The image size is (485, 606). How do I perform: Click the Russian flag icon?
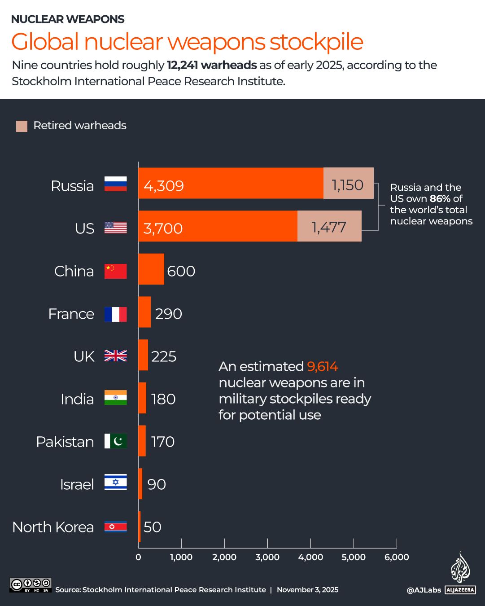(115, 184)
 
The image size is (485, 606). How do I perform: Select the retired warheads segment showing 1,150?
(348, 183)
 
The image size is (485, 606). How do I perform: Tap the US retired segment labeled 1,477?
(329, 226)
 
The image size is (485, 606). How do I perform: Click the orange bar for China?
(151, 269)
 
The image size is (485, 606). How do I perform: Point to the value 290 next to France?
(168, 314)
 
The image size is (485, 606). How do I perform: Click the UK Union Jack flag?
(115, 356)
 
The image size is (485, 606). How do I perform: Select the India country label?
(77, 399)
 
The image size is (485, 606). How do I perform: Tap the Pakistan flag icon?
(115, 441)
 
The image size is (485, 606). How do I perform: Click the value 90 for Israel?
(157, 484)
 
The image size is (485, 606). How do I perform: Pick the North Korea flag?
(115, 527)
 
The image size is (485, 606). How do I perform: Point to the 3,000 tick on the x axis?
(267, 557)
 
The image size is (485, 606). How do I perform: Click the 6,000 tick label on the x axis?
(397, 557)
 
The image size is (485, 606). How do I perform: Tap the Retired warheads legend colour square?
(22, 126)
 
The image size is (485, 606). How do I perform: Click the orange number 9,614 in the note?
(322, 367)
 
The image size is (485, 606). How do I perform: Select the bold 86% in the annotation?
(440, 199)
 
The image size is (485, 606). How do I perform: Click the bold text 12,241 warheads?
(212, 65)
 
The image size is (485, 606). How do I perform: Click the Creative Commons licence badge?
(31, 585)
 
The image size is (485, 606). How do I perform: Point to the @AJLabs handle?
(424, 590)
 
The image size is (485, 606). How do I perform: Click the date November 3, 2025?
(307, 590)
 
